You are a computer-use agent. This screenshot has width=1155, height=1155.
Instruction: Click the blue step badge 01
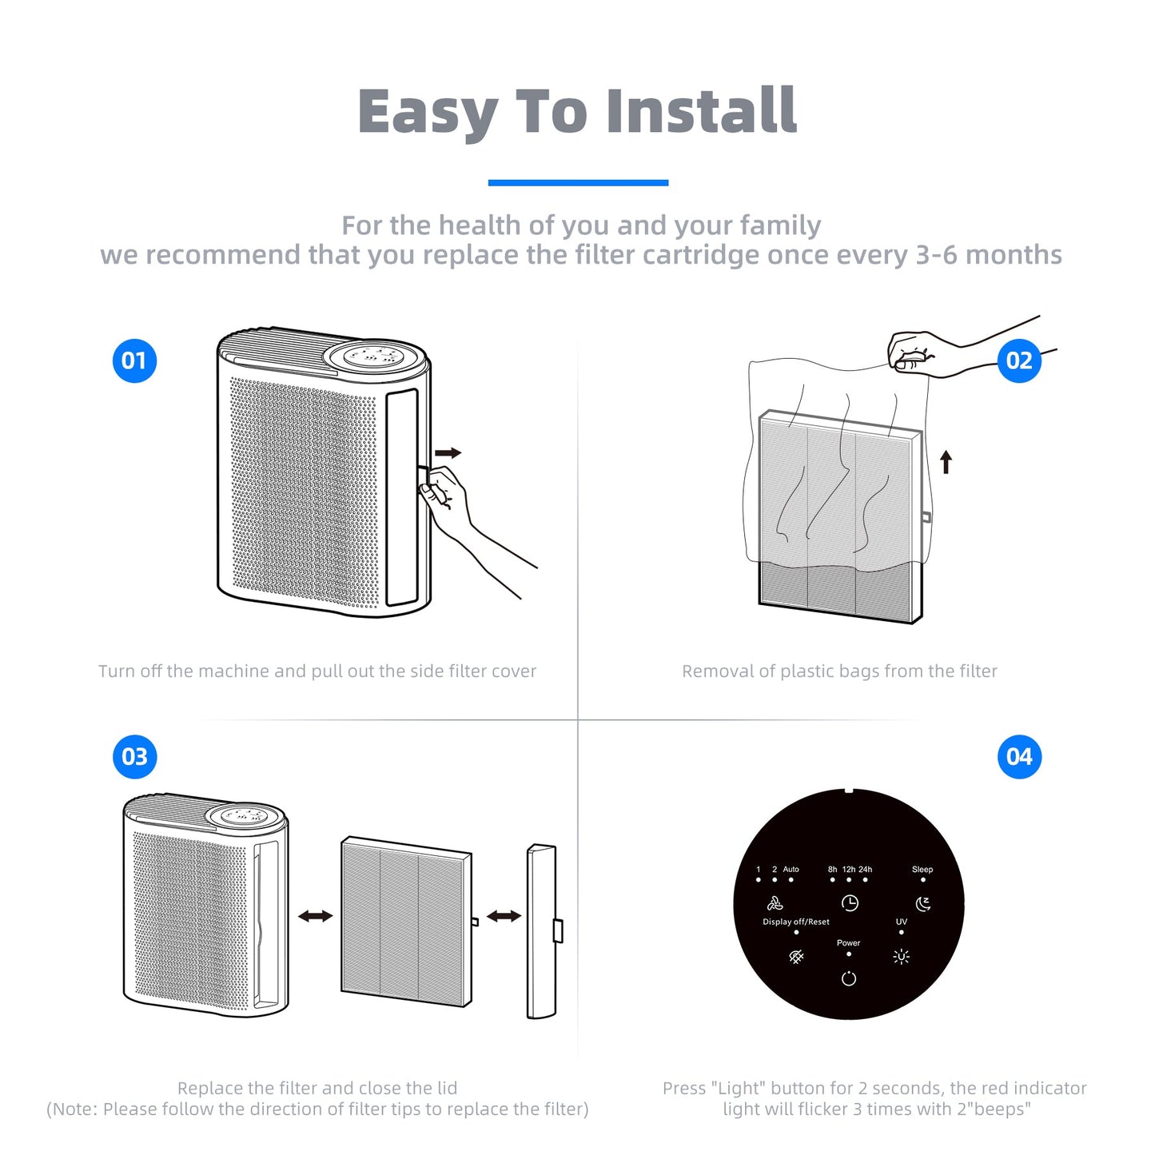coord(134,360)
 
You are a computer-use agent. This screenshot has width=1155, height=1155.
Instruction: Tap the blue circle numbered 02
coord(1019,360)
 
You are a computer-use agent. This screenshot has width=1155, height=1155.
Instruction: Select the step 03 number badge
coord(134,756)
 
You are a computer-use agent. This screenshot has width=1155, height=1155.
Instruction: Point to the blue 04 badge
coord(1019,756)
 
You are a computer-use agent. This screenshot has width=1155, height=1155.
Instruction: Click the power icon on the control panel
coord(849,978)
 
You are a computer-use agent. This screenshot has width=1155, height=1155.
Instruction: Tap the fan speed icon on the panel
coord(775,904)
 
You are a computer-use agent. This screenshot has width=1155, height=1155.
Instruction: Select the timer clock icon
coord(850,903)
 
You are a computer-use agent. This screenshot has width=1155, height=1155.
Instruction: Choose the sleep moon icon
coord(923,904)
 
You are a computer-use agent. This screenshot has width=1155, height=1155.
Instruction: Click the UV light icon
coord(902,957)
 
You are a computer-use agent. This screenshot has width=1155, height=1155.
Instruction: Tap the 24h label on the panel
coord(865,870)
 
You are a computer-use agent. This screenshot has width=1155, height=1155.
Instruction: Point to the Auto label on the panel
coord(791,870)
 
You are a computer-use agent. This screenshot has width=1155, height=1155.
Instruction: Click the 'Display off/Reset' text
coord(796,922)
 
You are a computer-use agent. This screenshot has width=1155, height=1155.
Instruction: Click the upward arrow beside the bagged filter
coord(946,461)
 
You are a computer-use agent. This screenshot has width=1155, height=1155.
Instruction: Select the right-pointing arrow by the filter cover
coord(448,453)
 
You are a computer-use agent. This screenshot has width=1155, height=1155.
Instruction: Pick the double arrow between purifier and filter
coord(316,916)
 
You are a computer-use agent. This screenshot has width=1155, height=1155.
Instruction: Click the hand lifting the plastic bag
coord(919,352)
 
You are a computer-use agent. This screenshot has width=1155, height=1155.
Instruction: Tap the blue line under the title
coord(578,183)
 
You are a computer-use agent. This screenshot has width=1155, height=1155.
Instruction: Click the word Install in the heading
coord(701,111)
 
